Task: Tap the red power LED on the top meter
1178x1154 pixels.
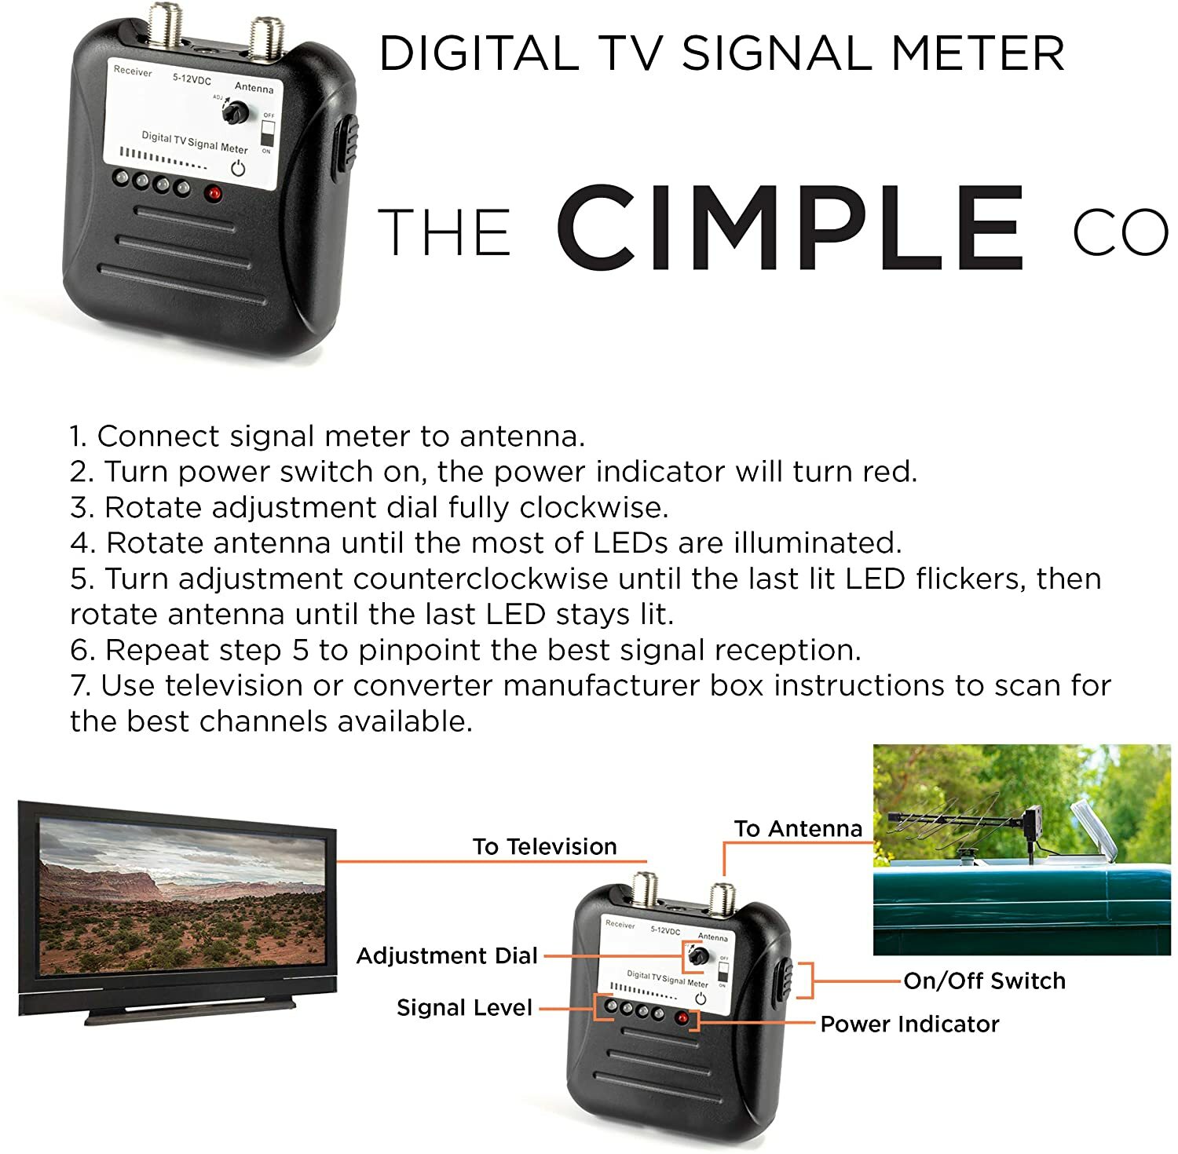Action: click(213, 193)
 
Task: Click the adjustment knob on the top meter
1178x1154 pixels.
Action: click(233, 113)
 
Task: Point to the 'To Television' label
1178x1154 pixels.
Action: click(544, 846)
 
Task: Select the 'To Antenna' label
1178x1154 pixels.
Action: click(798, 828)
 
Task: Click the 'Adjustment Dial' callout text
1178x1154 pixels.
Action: click(447, 955)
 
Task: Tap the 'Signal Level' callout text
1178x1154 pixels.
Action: click(464, 1007)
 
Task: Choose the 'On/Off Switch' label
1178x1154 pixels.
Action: click(984, 981)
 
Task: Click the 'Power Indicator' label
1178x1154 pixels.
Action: click(909, 1024)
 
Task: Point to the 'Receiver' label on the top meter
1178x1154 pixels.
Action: click(133, 71)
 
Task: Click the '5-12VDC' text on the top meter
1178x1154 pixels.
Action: click(192, 79)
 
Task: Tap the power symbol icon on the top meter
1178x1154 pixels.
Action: click(238, 168)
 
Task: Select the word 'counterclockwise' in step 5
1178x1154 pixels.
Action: click(480, 579)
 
